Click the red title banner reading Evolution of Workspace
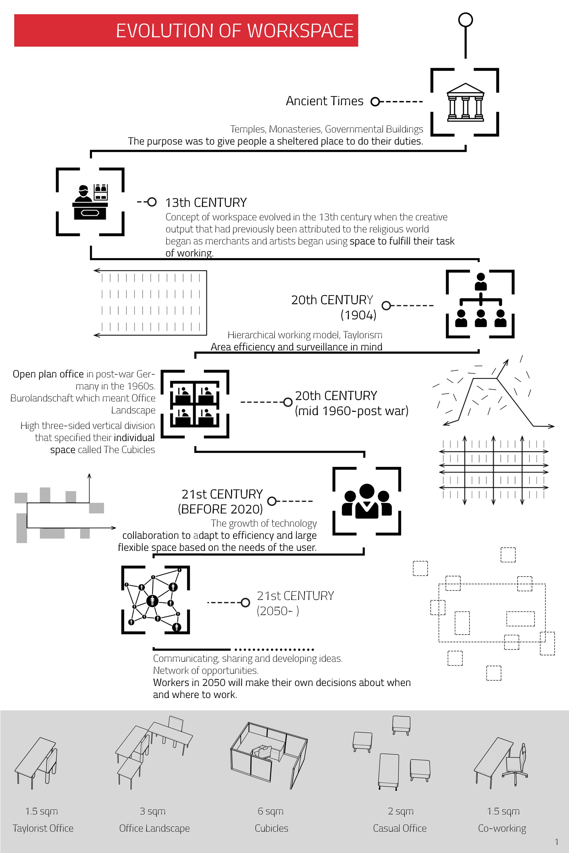[x=186, y=30]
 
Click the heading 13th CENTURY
[x=206, y=202]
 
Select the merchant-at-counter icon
[x=90, y=202]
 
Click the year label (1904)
[x=358, y=315]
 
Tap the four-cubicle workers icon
[x=195, y=404]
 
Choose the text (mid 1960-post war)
[x=352, y=411]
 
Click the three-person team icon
[x=367, y=501]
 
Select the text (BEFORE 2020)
[x=220, y=509]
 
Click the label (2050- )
[x=278, y=611]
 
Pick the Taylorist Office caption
[x=43, y=828]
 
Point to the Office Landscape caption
[x=154, y=828]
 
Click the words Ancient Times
[x=324, y=101]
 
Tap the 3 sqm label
[x=153, y=811]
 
